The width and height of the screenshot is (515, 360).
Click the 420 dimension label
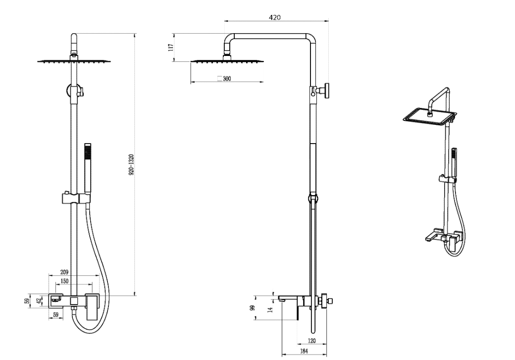[274, 17]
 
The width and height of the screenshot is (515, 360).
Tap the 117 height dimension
[170, 48]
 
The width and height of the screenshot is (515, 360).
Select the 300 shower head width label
[227, 79]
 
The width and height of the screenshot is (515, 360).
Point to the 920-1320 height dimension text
[131, 164]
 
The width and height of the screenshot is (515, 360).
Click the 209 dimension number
[64, 272]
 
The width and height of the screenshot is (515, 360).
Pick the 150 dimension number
[64, 281]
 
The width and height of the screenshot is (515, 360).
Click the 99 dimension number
[252, 308]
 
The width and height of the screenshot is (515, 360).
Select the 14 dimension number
[270, 309]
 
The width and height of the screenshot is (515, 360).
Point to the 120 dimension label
[312, 341]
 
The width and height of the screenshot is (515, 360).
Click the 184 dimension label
[304, 351]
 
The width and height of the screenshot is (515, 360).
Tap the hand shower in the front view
[87, 168]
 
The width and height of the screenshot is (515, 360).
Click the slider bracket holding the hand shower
[75, 198]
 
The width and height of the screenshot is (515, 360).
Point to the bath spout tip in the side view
[280, 299]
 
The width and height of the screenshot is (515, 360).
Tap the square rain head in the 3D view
[430, 117]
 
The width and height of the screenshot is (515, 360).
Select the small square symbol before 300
[220, 79]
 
